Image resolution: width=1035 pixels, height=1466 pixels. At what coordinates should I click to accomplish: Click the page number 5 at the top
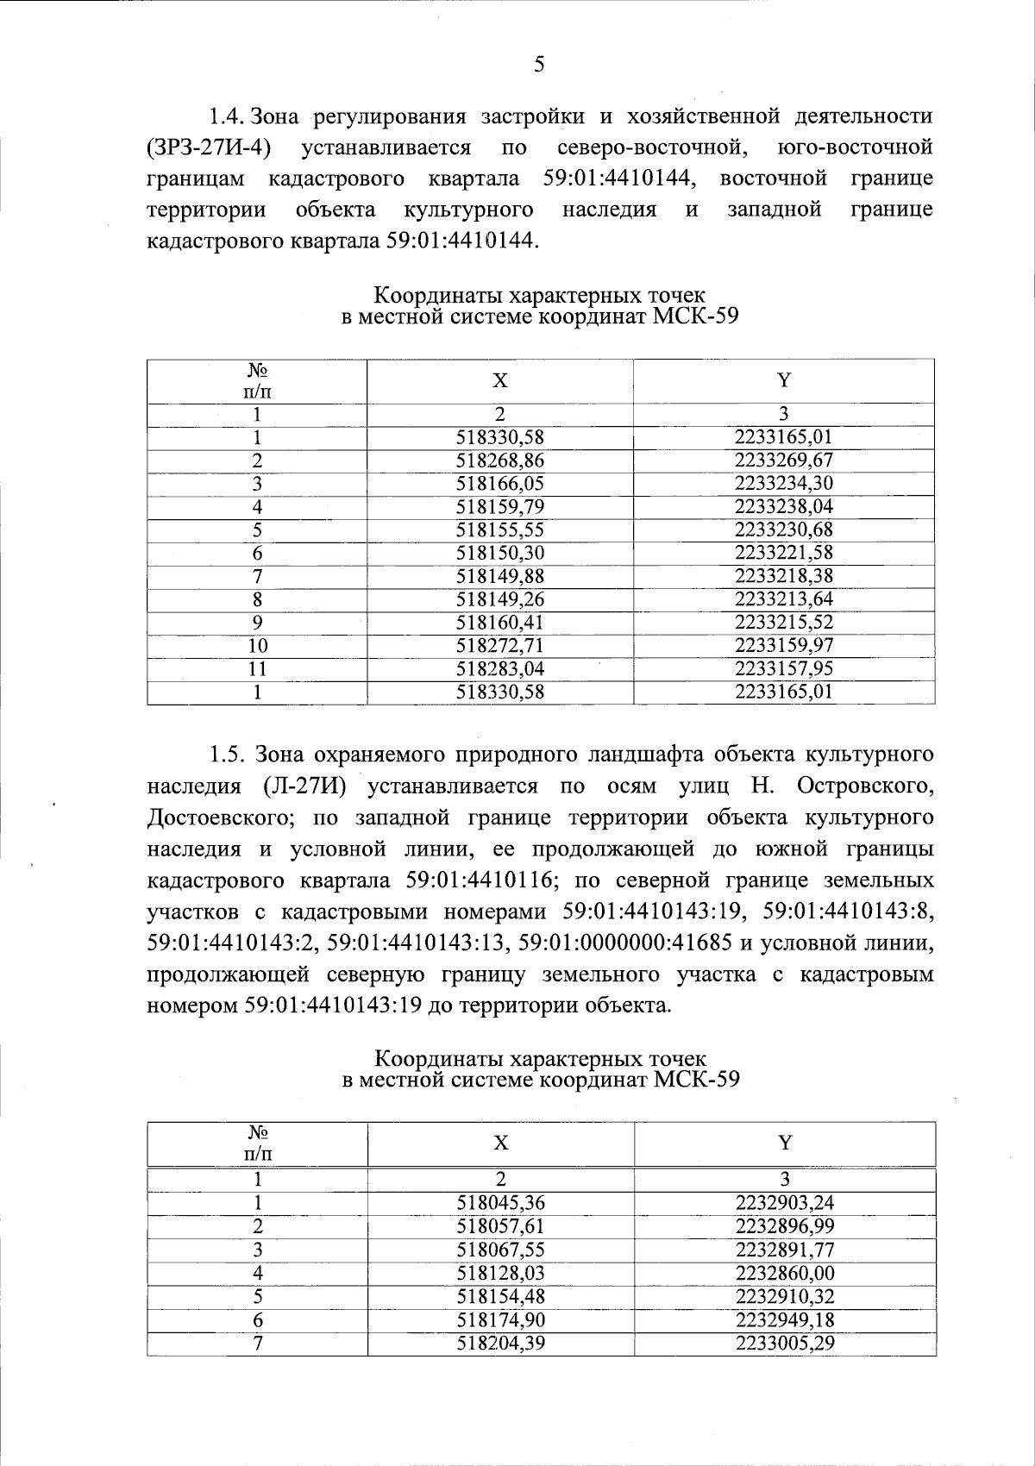click(x=539, y=65)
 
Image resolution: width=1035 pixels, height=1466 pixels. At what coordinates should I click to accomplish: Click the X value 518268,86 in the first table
click(x=500, y=460)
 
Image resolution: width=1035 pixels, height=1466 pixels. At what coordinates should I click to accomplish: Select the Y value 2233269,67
click(x=783, y=460)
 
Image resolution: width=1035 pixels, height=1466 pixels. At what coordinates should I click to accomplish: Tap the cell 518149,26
click(x=500, y=599)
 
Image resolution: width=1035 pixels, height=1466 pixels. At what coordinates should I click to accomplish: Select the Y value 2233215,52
click(x=783, y=623)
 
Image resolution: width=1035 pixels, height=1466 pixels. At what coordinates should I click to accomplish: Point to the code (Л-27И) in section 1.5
click(x=311, y=786)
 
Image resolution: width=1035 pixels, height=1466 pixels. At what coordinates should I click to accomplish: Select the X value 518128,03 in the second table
click(x=501, y=1274)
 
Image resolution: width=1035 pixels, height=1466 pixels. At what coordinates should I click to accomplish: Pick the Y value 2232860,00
click(x=785, y=1274)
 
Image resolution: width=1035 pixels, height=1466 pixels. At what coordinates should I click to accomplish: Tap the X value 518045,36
click(x=501, y=1204)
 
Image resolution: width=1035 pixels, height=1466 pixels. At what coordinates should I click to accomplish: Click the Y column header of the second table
click(x=785, y=1143)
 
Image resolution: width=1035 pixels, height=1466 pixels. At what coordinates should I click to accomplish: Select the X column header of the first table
click(x=500, y=381)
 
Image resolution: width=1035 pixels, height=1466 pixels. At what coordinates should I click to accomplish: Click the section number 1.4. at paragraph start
click(x=229, y=116)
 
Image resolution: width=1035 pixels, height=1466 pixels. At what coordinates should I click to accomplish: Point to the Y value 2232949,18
click(x=785, y=1320)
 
